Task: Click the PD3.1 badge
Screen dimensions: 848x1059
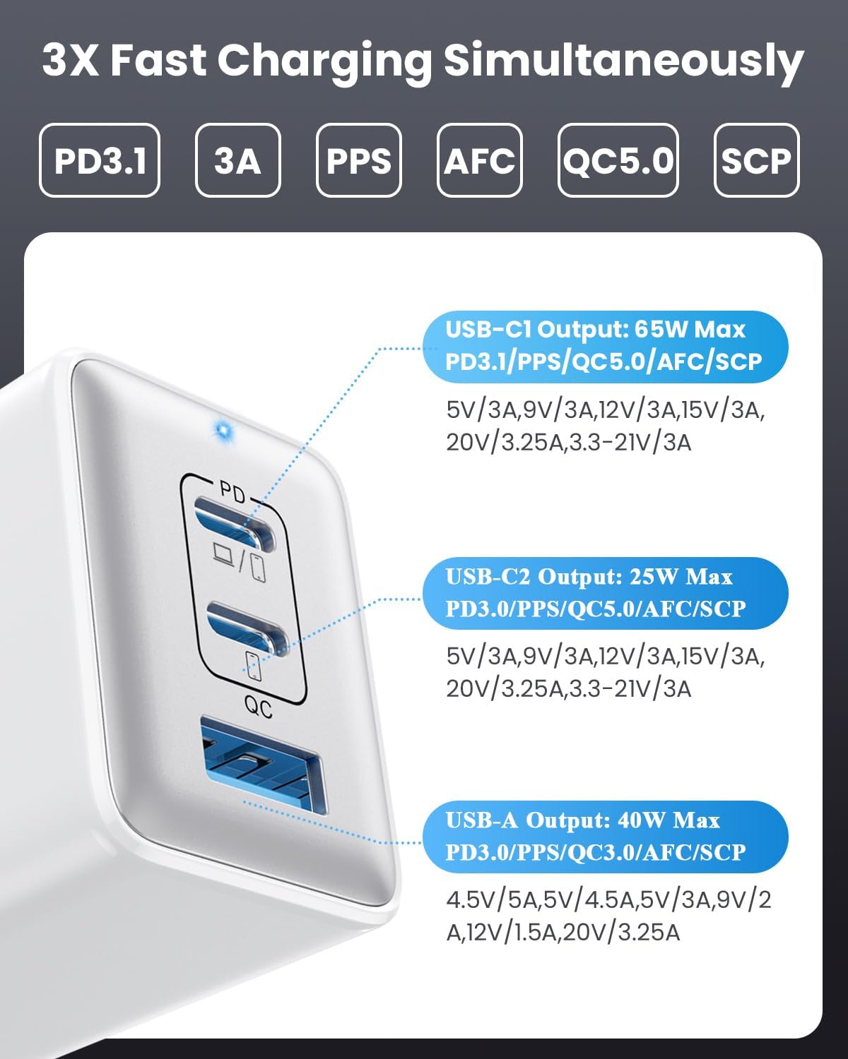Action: pos(100,160)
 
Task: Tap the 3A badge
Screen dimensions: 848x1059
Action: pos(238,160)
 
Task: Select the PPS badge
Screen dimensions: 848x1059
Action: pos(359,160)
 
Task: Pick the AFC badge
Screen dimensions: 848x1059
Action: pos(479,160)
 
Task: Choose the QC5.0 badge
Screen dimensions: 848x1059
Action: pos(618,160)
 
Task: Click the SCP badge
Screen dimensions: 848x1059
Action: pos(756,160)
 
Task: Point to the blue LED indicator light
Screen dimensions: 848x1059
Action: pos(225,431)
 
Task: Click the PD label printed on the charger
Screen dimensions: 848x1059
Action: pos(232,491)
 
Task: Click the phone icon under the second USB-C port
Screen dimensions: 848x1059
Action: pos(253,666)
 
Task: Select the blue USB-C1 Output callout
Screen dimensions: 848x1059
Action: pos(605,347)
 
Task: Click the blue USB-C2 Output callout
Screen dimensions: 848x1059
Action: pos(605,593)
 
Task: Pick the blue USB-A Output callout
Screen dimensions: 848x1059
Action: pos(605,837)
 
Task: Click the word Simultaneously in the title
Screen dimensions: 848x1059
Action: pos(624,62)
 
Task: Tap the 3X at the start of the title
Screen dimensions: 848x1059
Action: pos(70,60)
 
